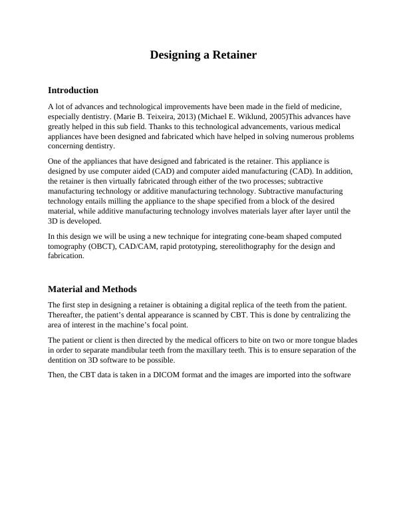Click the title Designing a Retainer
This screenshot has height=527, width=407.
click(x=203, y=55)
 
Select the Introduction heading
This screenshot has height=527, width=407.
click(x=73, y=90)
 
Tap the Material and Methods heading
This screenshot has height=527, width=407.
click(x=92, y=289)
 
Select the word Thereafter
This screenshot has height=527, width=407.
click(x=67, y=315)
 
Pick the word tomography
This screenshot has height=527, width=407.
click(x=68, y=246)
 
